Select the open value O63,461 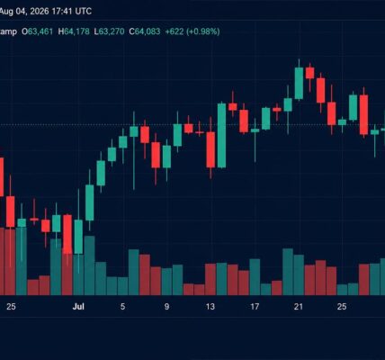pyautogui.click(x=38, y=31)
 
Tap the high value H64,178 pyautogui.click(x=74, y=31)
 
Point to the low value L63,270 pyautogui.click(x=109, y=31)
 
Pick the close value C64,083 pyautogui.click(x=145, y=31)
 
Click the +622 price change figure pyautogui.click(x=175, y=31)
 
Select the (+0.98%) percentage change pyautogui.click(x=203, y=31)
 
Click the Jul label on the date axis pyautogui.click(x=78, y=307)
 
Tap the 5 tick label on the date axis pyautogui.click(x=122, y=307)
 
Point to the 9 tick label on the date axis pyautogui.click(x=166, y=307)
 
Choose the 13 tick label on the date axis pyautogui.click(x=210, y=307)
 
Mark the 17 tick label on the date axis pyautogui.click(x=255, y=307)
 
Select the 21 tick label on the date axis pyautogui.click(x=299, y=307)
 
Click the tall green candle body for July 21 pyautogui.click(x=299, y=83)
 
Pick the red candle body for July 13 pyautogui.click(x=210, y=149)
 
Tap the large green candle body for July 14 pyautogui.click(x=221, y=136)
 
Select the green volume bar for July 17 pyautogui.click(x=255, y=277)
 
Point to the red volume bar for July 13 pyautogui.click(x=210, y=279)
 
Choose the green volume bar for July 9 pyautogui.click(x=166, y=282)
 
